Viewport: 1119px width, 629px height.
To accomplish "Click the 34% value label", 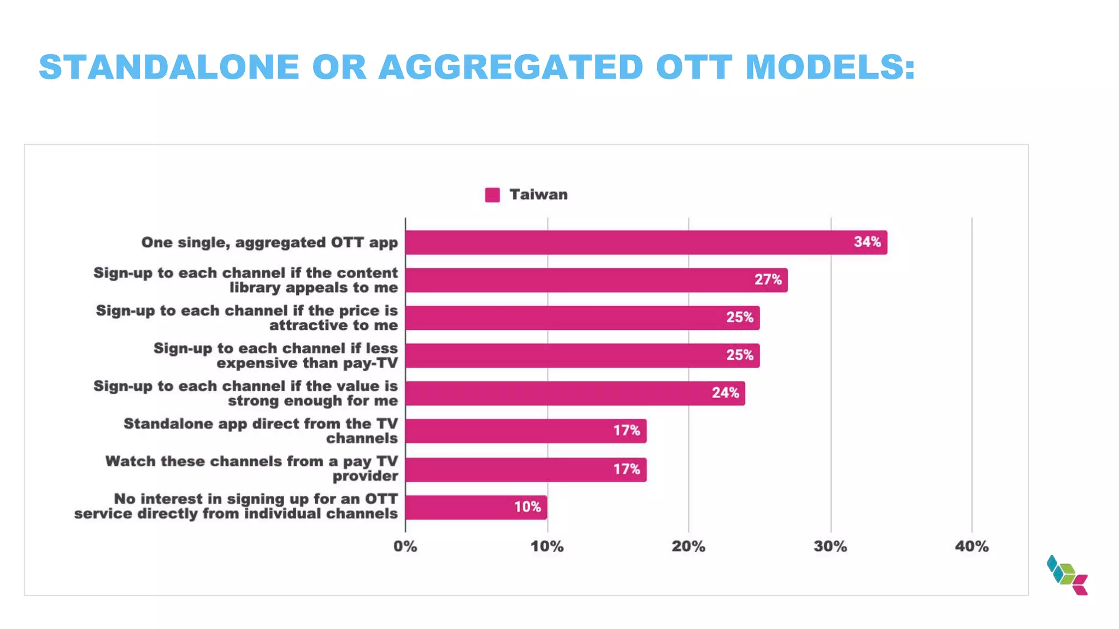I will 867,242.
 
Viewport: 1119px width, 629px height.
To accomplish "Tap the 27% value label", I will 768,280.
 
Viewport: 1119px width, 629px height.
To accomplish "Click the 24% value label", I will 725,393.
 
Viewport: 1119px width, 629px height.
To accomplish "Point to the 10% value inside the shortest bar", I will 527,507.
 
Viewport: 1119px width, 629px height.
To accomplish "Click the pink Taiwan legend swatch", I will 492,195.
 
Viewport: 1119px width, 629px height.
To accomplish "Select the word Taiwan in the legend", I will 538,194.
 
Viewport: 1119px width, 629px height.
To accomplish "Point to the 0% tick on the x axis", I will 405,546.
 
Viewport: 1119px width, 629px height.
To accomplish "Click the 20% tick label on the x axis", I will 688,546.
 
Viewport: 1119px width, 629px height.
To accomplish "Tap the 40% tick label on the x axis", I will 971,546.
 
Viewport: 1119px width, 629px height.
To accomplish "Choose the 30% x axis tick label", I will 830,546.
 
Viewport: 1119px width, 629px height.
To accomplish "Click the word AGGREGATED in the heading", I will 511,67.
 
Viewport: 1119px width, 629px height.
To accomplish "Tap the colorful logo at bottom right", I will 1067,575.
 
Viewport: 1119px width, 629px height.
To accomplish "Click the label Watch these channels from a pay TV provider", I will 251,468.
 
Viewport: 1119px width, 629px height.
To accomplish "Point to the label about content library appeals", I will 246,280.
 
